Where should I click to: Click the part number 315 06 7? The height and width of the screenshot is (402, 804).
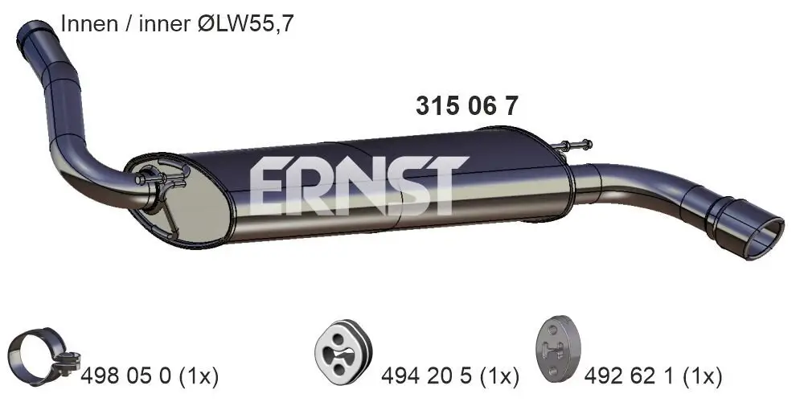tap(466, 105)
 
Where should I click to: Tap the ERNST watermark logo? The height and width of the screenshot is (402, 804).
tap(358, 186)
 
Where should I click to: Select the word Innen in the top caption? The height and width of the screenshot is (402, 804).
tap(87, 24)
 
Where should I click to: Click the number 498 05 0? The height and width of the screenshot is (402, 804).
tap(127, 375)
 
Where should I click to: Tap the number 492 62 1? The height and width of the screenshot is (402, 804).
tap(633, 375)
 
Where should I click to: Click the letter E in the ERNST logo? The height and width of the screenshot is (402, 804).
tap(269, 186)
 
